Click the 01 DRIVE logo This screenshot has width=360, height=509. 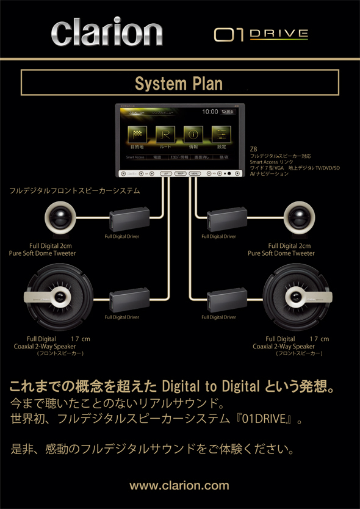[261, 34]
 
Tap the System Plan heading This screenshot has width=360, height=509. [179, 82]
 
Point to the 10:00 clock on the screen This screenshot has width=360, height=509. [209, 112]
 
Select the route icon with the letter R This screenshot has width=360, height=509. [165, 134]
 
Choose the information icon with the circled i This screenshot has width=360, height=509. [193, 134]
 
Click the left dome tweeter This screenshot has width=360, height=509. [60, 217]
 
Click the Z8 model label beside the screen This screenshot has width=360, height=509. [253, 149]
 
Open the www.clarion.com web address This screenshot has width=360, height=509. [179, 486]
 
